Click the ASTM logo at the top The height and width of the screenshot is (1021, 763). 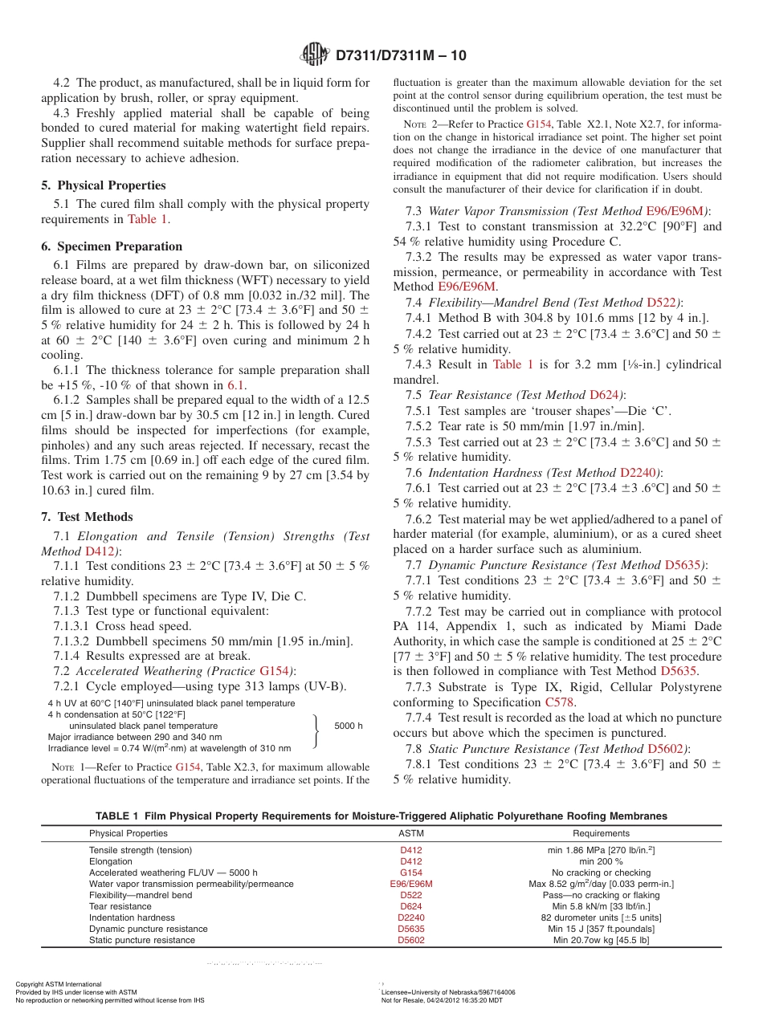tap(314, 55)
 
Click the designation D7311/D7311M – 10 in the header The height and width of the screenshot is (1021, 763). tap(400, 55)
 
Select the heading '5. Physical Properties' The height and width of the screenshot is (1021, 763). tap(104, 185)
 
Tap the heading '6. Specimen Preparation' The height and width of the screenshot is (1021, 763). tap(112, 246)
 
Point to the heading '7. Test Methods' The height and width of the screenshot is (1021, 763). tap(87, 517)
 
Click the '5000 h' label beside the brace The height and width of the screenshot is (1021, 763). tap(349, 726)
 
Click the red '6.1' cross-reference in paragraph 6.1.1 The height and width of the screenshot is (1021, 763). tap(236, 385)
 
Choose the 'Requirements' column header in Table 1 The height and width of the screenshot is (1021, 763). tap(601, 833)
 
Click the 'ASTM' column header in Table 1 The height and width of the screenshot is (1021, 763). tap(410, 833)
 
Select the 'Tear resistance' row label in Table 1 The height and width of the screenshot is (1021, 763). tap(120, 906)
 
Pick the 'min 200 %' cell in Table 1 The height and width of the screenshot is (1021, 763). tap(601, 861)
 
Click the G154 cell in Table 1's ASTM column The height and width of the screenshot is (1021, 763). tap(410, 873)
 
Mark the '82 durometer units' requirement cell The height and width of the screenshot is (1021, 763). tap(601, 917)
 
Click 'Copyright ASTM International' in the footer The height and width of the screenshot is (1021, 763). tap(59, 984)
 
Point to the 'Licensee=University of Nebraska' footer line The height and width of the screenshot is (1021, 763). tap(448, 992)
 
